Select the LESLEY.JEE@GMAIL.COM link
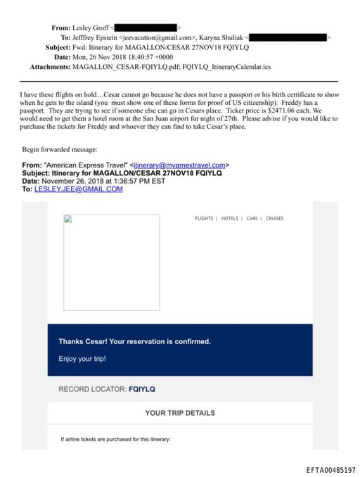(78, 189)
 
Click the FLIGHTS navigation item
(204, 219)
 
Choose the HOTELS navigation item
(230, 219)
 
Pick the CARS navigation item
(252, 219)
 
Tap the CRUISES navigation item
(275, 219)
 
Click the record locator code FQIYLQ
(142, 388)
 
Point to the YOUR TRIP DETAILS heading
(180, 413)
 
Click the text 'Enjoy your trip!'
(82, 359)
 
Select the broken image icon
(67, 219)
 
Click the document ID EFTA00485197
(330, 469)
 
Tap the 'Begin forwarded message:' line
(59, 150)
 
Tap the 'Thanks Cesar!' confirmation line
(134, 341)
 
